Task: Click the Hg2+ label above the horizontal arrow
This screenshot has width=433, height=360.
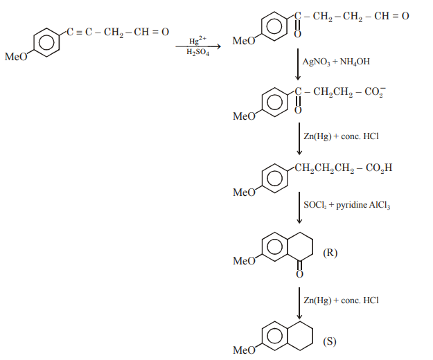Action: (x=197, y=40)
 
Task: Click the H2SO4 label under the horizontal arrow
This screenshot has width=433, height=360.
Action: (x=197, y=52)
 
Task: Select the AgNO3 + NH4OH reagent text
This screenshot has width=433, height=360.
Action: (x=336, y=62)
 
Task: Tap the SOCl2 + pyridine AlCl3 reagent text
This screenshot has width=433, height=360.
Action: (x=347, y=205)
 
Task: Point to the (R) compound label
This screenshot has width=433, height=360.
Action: (x=330, y=253)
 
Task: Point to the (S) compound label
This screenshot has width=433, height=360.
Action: (x=330, y=341)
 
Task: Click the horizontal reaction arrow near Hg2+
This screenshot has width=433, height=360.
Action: (x=198, y=46)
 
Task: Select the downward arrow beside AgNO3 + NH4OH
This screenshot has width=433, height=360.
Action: (x=298, y=64)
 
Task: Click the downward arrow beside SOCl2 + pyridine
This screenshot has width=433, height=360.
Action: (x=299, y=208)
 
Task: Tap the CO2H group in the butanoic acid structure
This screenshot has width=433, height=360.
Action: (x=379, y=168)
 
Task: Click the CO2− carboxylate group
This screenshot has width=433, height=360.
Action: (x=375, y=92)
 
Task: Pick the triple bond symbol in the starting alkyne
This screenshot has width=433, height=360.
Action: (x=79, y=33)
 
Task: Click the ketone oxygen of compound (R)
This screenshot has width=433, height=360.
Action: (x=299, y=274)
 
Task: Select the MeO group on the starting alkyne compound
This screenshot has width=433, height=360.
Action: (x=16, y=57)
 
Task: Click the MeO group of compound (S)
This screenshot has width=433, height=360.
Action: (x=244, y=350)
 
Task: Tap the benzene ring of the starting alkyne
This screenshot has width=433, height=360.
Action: (x=46, y=42)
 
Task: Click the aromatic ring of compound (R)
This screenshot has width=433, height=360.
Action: (x=275, y=246)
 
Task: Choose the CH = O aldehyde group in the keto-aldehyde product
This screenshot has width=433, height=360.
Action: (x=391, y=16)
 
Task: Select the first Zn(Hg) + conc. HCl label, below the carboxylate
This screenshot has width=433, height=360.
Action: (x=341, y=136)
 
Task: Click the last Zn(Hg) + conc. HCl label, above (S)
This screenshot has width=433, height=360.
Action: (x=341, y=300)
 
